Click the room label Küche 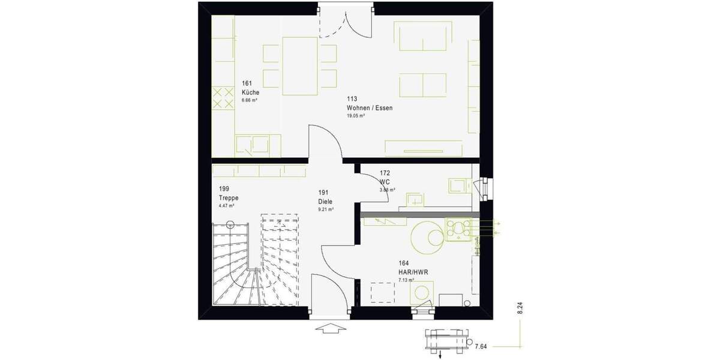pyautogui.click(x=250, y=93)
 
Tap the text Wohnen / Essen pyautogui.click(x=369, y=108)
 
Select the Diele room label pyautogui.click(x=325, y=202)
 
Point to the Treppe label pyautogui.click(x=229, y=197)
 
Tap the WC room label pyautogui.click(x=385, y=181)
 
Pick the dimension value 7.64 pyautogui.click(x=481, y=346)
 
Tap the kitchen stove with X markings pyautogui.click(x=223, y=98)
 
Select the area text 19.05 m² pyautogui.click(x=356, y=116)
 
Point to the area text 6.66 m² pyautogui.click(x=250, y=101)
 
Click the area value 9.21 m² pyautogui.click(x=326, y=210)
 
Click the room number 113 pyautogui.click(x=352, y=100)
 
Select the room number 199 pyautogui.click(x=224, y=188)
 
